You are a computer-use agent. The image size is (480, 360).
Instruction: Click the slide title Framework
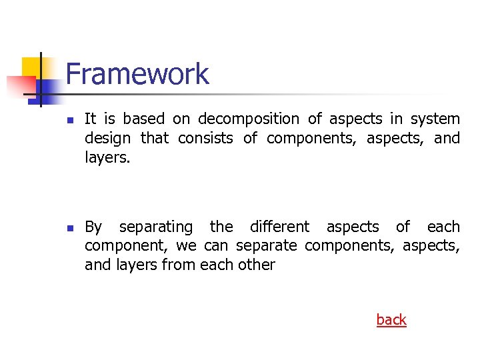(137, 74)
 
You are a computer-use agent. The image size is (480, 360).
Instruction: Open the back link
(391, 320)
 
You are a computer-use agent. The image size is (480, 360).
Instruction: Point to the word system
(435, 119)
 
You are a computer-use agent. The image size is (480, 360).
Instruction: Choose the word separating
(156, 227)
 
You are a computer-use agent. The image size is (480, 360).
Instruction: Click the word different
(279, 227)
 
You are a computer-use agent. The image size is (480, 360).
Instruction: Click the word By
(93, 227)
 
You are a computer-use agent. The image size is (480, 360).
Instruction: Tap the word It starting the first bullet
(91, 119)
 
